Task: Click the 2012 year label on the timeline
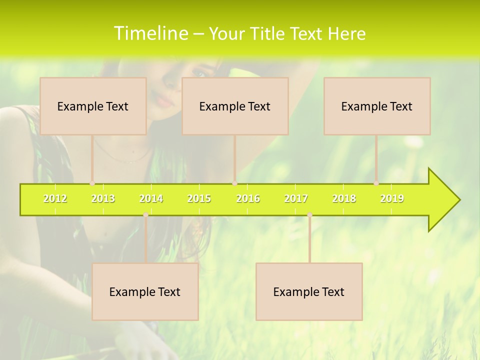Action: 55,198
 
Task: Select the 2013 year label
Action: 103,198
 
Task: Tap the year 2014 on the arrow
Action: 151,198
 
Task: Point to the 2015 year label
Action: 199,198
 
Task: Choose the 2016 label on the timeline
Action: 248,198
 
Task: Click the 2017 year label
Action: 296,198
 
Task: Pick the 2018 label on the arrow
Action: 344,198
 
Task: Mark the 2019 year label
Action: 392,198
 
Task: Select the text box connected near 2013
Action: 93,106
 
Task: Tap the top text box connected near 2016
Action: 235,106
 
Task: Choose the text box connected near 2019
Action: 377,106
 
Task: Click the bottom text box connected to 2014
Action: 145,291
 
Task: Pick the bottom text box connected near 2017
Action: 309,291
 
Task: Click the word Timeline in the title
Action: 151,33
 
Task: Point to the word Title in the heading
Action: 270,34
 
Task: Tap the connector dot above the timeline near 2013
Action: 92,183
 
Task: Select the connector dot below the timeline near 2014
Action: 145,214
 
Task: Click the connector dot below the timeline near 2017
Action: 309,214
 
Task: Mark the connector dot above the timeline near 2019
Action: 376,183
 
